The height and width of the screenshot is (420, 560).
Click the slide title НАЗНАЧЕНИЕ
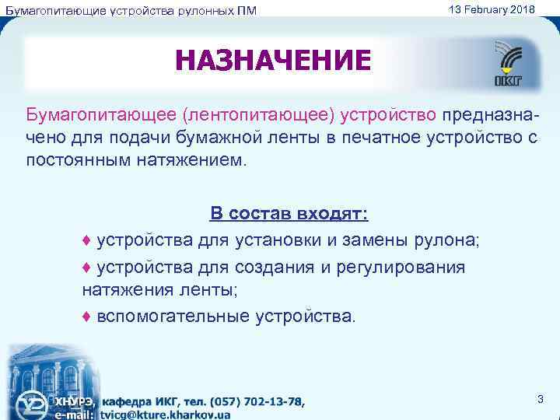pos(274,61)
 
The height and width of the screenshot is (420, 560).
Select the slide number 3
pos(540,399)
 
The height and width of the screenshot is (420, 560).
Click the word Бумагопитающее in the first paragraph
pos(101,115)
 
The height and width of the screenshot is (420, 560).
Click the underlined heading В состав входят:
pos(289,215)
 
